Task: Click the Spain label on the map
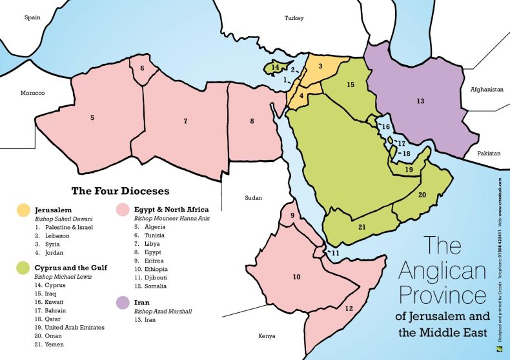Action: click(32, 17)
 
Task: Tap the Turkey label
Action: click(294, 18)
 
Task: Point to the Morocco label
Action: click(32, 93)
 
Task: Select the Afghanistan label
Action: click(486, 90)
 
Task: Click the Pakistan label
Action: click(489, 154)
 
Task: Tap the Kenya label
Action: click(267, 336)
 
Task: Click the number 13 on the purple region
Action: click(420, 101)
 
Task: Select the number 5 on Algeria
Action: click(92, 117)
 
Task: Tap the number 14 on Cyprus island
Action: click(275, 67)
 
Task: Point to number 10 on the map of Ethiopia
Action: click(296, 277)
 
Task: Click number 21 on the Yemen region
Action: click(362, 226)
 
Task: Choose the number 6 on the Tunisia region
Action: click(142, 68)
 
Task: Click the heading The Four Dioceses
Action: click(120, 191)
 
